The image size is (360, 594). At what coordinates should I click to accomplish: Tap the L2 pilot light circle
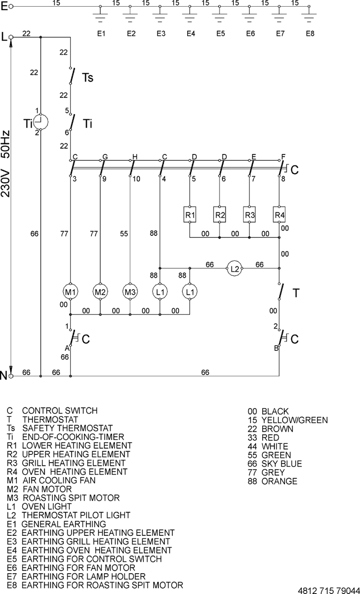tap(234, 269)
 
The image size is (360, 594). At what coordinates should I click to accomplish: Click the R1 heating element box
tap(190, 215)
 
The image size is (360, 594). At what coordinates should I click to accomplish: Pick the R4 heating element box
tap(279, 215)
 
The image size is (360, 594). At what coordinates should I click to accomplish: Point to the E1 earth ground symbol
tap(100, 17)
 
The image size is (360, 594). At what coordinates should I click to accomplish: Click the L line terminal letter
tap(4, 37)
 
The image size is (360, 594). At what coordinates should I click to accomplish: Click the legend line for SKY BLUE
tap(275, 464)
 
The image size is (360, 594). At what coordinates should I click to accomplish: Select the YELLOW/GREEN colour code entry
tap(287, 420)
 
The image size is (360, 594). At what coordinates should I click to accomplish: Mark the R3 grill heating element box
tap(249, 215)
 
